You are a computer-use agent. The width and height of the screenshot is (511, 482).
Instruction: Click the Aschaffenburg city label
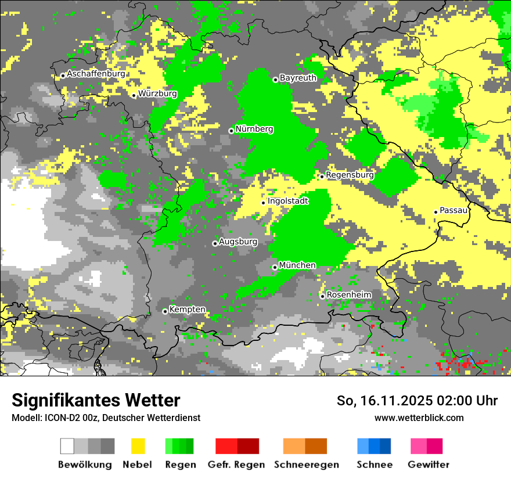click(96, 74)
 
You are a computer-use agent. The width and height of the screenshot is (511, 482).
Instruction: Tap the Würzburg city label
click(158, 93)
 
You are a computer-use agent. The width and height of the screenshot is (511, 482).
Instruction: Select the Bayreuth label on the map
click(298, 78)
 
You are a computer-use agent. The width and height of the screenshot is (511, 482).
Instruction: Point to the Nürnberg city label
click(254, 130)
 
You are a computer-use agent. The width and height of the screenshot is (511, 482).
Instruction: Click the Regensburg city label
click(350, 175)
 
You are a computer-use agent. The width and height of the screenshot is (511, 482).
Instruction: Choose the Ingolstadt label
click(288, 201)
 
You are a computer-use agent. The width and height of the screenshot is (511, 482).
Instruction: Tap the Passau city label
click(454, 210)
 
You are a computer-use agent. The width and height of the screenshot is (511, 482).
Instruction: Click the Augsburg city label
click(238, 242)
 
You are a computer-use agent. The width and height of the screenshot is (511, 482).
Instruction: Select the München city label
click(297, 265)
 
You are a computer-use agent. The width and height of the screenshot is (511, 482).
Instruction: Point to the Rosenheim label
click(349, 295)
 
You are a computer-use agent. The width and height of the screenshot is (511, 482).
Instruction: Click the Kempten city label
click(187, 310)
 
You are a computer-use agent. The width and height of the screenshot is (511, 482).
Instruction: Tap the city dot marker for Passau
click(436, 212)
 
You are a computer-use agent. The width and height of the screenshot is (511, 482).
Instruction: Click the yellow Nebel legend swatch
click(138, 446)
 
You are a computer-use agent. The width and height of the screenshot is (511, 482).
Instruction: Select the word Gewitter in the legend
click(429, 465)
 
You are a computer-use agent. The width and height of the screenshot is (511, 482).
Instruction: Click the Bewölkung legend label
click(85, 465)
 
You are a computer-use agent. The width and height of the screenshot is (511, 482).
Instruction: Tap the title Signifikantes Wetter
click(96, 401)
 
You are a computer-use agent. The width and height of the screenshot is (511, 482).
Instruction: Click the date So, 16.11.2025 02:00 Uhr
click(417, 401)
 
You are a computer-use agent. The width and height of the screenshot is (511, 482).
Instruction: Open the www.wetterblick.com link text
click(419, 418)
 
